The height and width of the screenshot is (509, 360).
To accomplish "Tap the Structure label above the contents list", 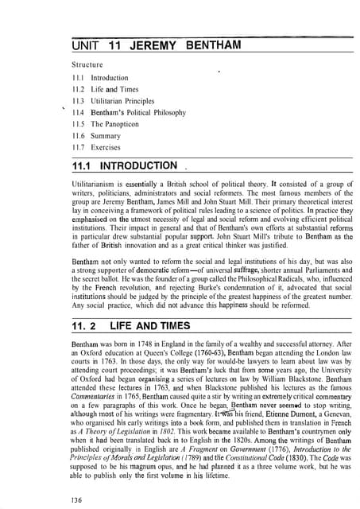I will tap(88, 63).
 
